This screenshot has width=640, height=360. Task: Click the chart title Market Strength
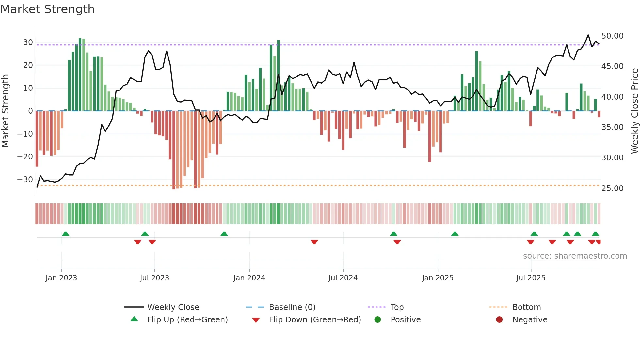47,9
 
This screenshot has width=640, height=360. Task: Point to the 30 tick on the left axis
28,42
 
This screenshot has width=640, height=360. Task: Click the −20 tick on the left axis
25,157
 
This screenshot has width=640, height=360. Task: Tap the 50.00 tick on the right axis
612,36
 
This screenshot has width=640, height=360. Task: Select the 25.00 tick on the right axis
612,188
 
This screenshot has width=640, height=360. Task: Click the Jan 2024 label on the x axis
249,278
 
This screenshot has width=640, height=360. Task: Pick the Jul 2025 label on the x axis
531,278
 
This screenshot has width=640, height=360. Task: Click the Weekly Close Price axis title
634,111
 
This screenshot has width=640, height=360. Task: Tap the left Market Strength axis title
5,111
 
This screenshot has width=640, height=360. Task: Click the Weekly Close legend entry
173,307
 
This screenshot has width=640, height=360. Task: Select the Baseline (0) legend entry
292,307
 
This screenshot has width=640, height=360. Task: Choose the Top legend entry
397,307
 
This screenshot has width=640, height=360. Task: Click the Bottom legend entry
526,307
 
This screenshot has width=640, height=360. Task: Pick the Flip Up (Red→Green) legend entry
187,320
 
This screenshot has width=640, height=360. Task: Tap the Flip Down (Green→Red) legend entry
315,320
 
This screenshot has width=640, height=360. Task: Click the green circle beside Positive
377,320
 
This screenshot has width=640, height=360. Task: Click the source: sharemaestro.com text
575,256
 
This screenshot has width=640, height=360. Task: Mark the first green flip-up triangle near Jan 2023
66,234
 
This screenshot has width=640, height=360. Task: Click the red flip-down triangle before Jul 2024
314,242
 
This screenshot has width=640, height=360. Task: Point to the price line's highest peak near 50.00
588,35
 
